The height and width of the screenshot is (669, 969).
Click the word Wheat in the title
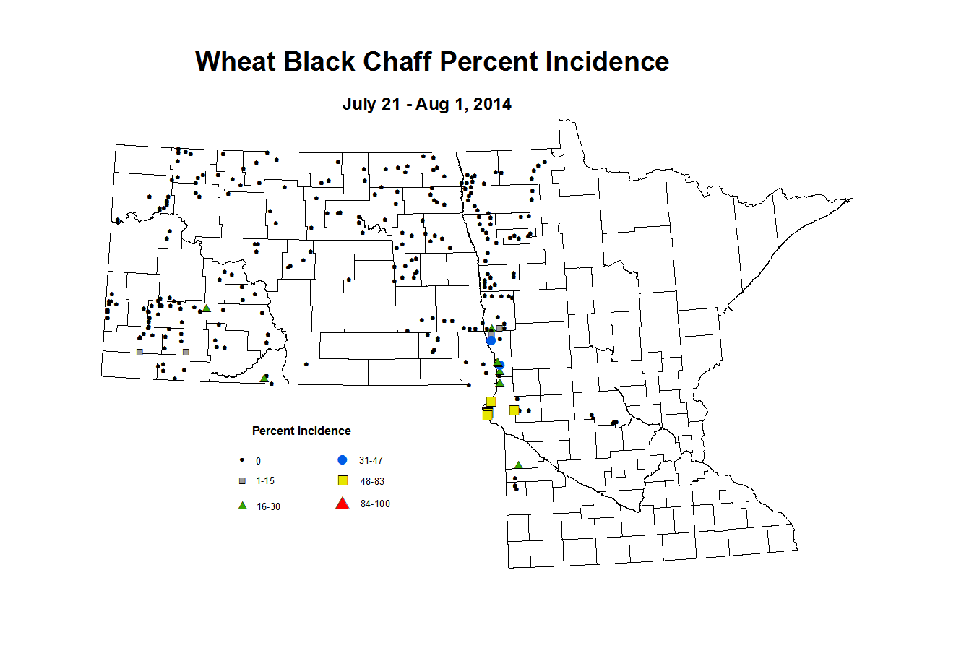(235, 62)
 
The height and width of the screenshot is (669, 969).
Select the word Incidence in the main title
(607, 62)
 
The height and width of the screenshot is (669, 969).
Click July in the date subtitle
(360, 104)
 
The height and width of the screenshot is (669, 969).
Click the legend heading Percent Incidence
(301, 431)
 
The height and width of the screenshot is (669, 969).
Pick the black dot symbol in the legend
(242, 460)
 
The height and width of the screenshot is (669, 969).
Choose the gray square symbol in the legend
(242, 480)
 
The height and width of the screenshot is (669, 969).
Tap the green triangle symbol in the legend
(242, 506)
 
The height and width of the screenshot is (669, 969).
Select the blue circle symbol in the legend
(343, 460)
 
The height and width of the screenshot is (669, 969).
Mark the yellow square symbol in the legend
(343, 480)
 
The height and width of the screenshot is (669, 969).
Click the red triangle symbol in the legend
(343, 504)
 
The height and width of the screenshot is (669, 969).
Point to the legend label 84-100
(375, 504)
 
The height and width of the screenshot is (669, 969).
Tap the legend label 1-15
(265, 481)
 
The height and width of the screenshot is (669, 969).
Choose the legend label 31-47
(371, 461)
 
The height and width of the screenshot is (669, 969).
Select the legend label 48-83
(372, 482)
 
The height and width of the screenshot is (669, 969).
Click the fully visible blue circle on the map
(491, 340)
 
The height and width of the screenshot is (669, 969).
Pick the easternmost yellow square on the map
(514, 410)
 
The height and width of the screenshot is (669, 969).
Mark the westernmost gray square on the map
(139, 352)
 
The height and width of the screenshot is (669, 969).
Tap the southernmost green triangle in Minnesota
(518, 465)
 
